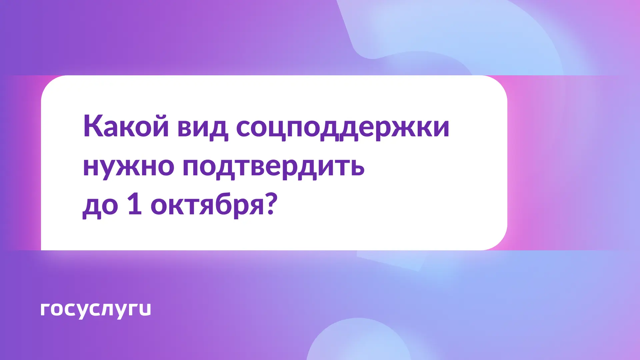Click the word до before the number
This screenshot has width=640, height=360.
coord(100,205)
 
